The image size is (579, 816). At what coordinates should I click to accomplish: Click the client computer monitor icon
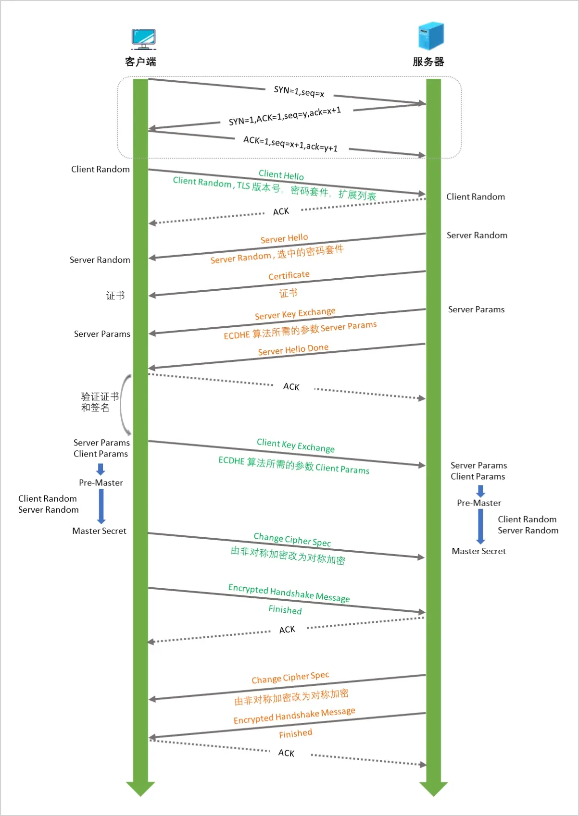coord(143,38)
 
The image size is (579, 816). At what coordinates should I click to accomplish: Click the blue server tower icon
coord(430,36)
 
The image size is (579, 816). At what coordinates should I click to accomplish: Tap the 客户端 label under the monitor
coord(140,62)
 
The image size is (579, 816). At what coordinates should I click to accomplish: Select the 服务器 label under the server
coord(428,62)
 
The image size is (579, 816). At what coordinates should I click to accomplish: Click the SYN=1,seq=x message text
coord(299,91)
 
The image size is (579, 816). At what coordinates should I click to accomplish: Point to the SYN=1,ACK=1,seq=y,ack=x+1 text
coord(285,116)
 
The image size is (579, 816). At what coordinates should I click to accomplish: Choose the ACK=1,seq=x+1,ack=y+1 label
coord(290,144)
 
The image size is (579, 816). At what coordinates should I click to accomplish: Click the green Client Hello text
coord(281,175)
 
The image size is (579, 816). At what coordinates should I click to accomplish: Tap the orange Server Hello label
coord(284,238)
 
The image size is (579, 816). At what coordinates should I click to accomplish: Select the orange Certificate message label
coord(289,275)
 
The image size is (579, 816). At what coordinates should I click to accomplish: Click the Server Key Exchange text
coord(295,313)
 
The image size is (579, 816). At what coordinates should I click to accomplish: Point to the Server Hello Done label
coord(293,349)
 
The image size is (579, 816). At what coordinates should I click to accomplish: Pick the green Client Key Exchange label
coord(296,445)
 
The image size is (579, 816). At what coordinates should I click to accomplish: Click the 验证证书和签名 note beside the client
coord(100,402)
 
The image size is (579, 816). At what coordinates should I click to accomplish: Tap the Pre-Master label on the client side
coord(101,482)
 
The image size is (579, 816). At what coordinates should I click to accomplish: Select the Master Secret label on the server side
coord(479,551)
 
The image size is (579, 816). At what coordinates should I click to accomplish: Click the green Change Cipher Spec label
coord(292,540)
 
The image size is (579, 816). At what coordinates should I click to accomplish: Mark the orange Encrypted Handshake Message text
coord(294,716)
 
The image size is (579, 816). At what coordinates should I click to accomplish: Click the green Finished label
coord(285,610)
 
